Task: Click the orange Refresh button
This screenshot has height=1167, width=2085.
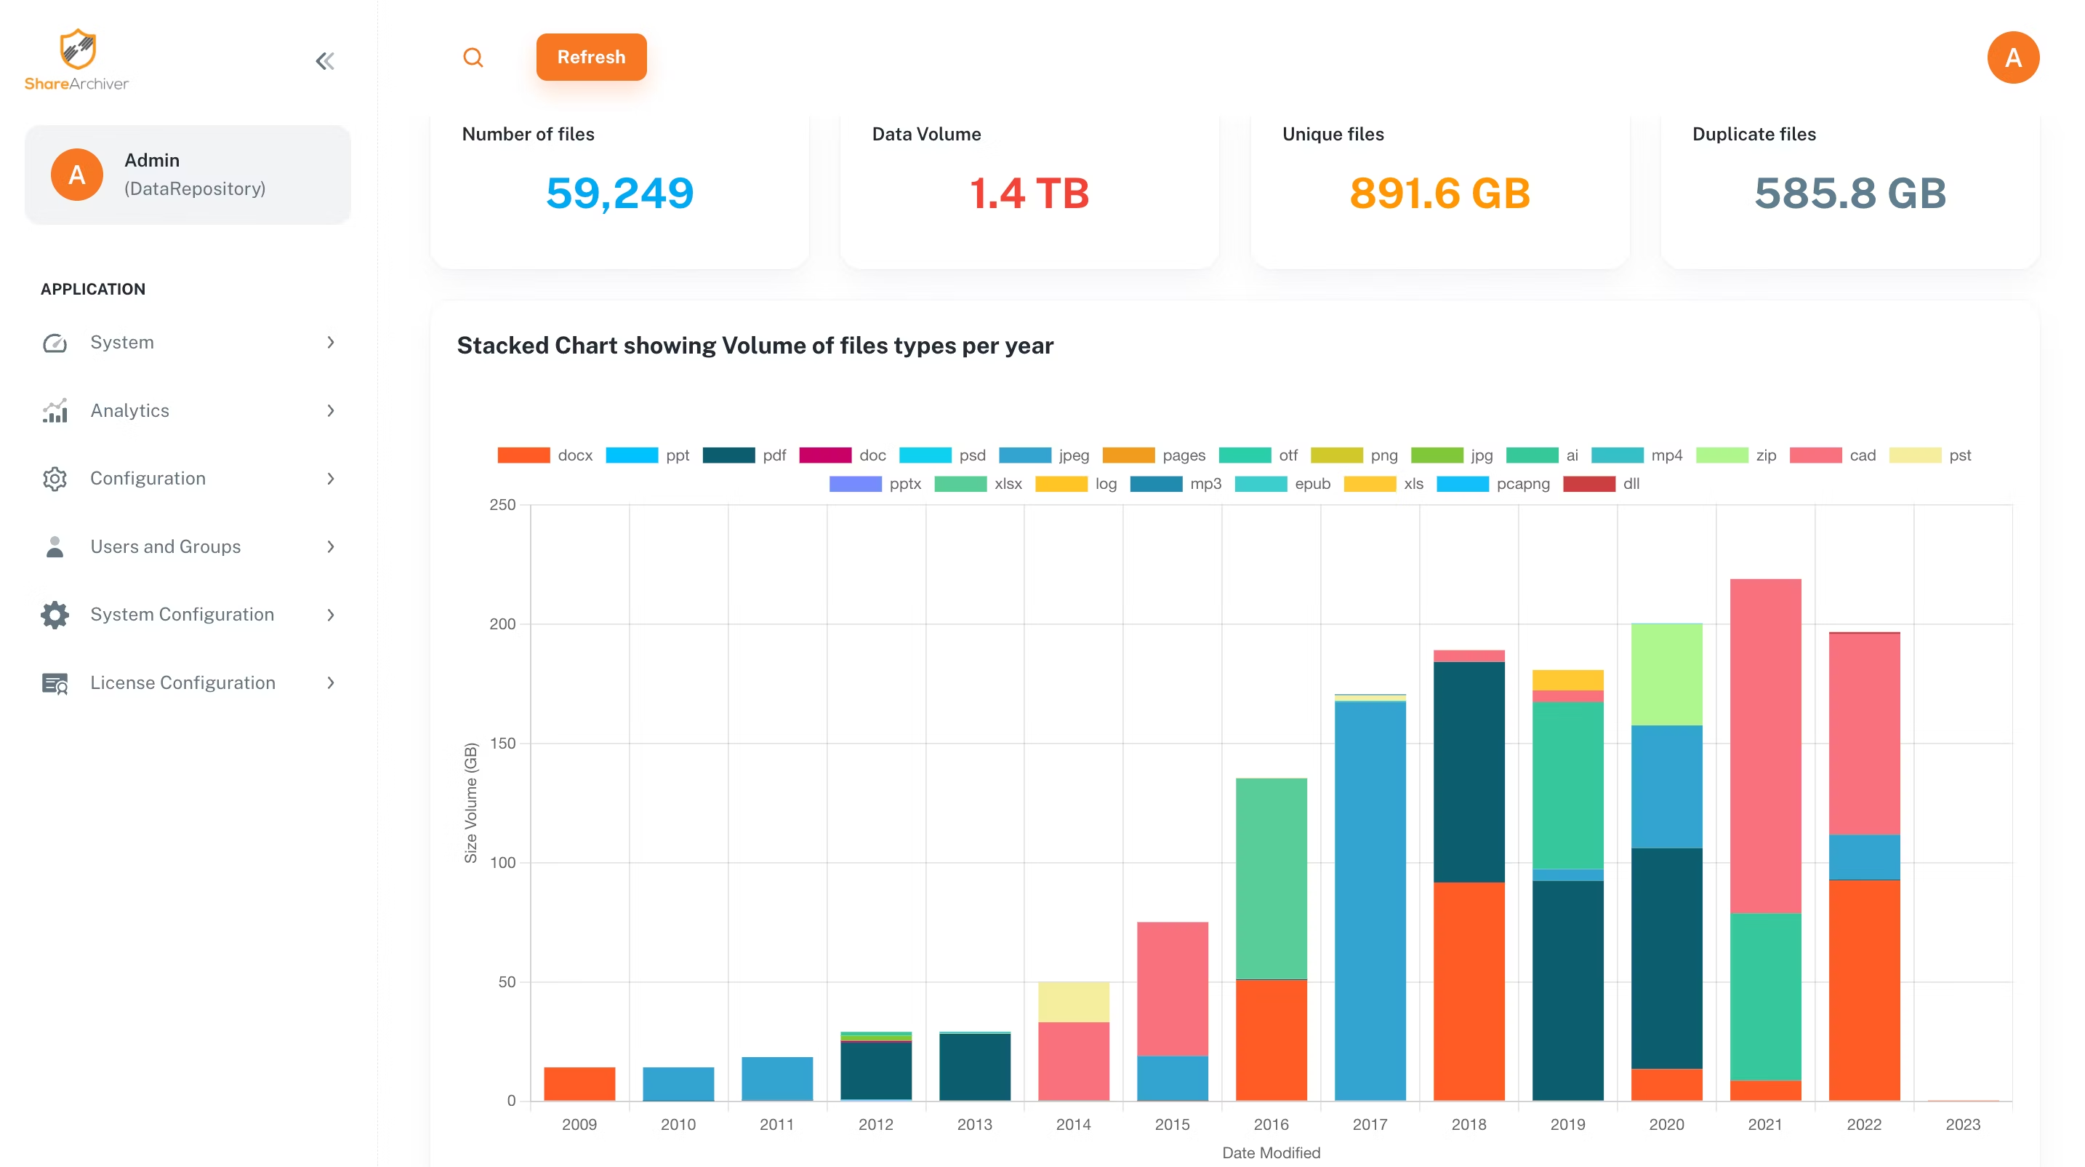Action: point(591,57)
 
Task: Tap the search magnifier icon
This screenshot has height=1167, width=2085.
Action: point(473,57)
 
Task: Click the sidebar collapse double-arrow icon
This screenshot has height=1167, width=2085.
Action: point(324,60)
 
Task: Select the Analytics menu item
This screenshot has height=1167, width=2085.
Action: point(129,410)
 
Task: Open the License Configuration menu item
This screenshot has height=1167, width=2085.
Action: point(182,682)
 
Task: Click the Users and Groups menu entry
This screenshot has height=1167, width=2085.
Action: point(165,546)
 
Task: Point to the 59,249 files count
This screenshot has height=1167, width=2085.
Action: point(619,193)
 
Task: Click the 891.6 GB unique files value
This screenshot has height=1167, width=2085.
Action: point(1439,193)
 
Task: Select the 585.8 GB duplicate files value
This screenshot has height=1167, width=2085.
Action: point(1849,193)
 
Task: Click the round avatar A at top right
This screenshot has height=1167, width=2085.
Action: point(2012,57)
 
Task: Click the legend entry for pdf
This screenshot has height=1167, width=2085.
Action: point(744,455)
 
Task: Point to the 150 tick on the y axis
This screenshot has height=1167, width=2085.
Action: point(502,743)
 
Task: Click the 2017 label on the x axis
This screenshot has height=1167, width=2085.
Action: point(1370,1124)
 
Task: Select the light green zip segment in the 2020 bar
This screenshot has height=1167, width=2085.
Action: point(1666,674)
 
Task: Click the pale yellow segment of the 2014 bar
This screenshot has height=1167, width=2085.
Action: point(1073,1002)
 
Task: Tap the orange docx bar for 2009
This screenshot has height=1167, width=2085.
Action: point(579,1083)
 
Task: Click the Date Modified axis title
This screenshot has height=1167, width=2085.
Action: point(1270,1152)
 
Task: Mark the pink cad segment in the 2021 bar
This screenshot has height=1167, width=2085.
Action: point(1764,745)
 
